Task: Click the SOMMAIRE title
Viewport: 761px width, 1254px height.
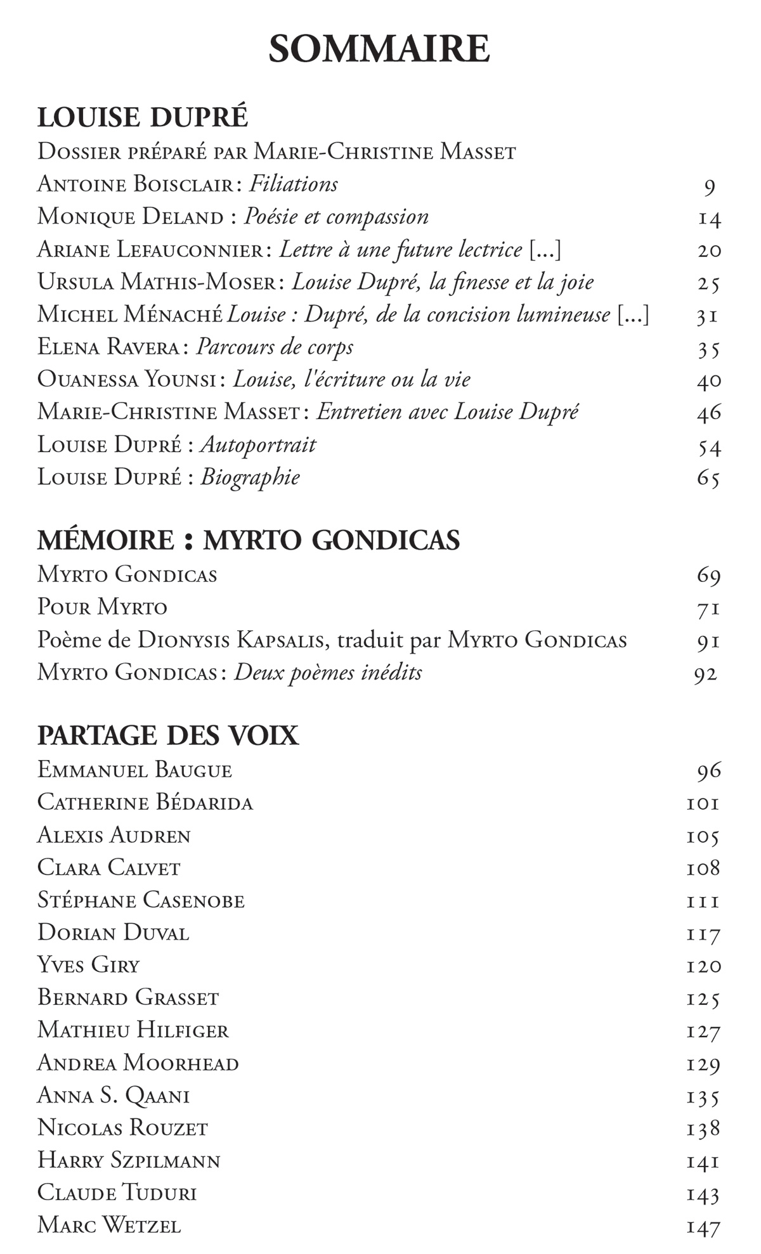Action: coord(379,49)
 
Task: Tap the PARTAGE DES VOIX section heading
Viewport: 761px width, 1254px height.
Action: coord(167,735)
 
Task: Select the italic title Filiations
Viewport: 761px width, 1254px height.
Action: coord(294,184)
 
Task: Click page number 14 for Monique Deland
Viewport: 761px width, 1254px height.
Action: coord(709,219)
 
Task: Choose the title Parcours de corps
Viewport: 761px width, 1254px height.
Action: coord(275,347)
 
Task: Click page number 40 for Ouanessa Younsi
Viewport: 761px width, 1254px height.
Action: coord(709,380)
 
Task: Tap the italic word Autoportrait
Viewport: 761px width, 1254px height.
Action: coord(258,445)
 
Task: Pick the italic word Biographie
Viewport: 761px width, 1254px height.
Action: coord(250,477)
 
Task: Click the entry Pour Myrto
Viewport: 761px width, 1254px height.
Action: coord(102,607)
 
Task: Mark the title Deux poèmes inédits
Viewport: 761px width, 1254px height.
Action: coord(328,672)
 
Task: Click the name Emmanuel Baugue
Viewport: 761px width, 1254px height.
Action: coord(134,770)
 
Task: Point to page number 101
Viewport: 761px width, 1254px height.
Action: coord(703,804)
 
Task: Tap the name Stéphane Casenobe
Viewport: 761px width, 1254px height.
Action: coord(141,900)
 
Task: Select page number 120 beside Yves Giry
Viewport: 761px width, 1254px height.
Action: coord(703,966)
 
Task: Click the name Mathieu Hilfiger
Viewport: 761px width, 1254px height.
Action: coord(133,1030)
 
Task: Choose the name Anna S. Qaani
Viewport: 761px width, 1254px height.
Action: coord(114,1096)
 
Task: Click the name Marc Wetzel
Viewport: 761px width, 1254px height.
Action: coord(109,1225)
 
